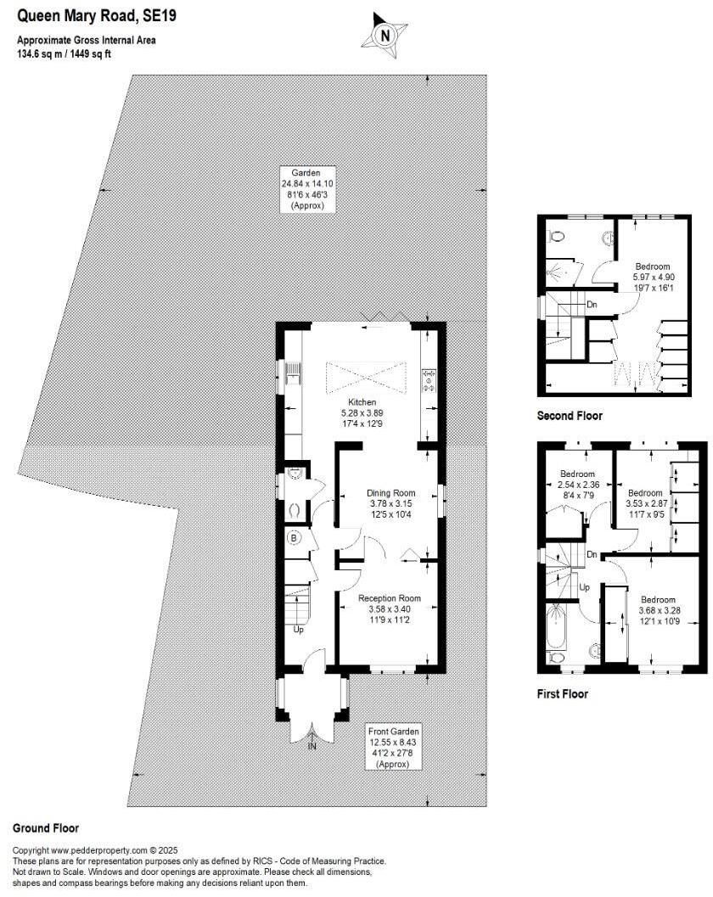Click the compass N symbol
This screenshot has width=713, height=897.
click(385, 36)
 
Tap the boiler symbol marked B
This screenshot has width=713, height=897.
click(295, 538)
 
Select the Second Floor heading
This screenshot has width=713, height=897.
click(570, 416)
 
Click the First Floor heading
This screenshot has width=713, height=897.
click(563, 693)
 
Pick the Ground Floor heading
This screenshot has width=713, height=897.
click(46, 827)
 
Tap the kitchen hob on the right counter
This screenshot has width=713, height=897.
click(429, 378)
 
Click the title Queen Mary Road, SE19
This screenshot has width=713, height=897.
click(74, 15)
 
